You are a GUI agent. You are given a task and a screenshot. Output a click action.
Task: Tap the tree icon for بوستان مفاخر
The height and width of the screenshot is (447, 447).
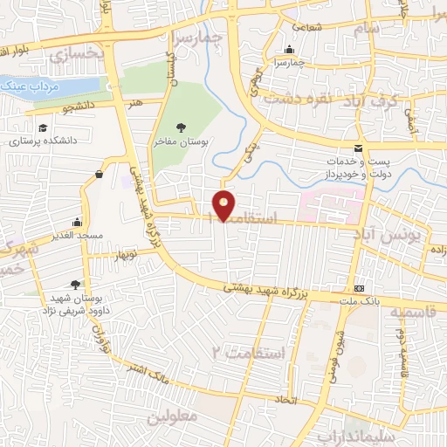(x=181, y=127)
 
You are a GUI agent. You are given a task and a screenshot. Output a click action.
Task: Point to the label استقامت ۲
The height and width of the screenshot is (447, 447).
(x=248, y=353)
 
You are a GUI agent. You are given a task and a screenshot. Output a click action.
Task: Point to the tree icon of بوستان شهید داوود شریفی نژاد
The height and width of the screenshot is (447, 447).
(x=76, y=284)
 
